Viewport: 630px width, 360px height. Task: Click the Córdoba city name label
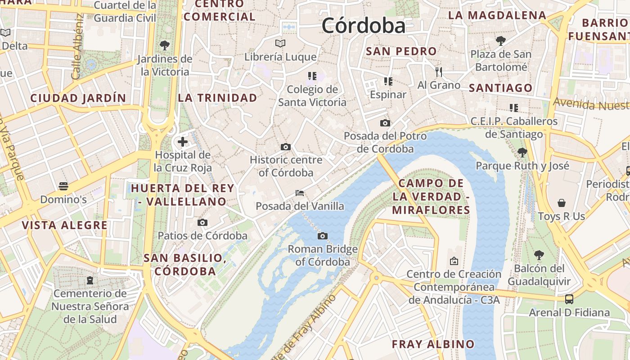(x=364, y=26)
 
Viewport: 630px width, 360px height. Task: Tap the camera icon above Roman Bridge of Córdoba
(x=322, y=236)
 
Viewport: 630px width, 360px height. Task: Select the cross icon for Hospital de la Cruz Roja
(x=183, y=142)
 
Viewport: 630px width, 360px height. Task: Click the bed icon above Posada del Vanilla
(x=300, y=193)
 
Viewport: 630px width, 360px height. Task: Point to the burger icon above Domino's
(x=63, y=186)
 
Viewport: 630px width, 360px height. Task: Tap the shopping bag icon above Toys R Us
(x=561, y=203)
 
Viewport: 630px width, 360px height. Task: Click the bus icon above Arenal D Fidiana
(x=569, y=299)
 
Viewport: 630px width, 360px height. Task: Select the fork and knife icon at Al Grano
(x=439, y=72)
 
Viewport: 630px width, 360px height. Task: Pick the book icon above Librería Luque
(x=280, y=44)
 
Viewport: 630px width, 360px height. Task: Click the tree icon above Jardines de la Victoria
(x=165, y=45)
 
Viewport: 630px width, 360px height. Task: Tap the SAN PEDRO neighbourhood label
(x=401, y=51)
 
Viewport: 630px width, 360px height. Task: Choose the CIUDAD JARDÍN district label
(x=78, y=98)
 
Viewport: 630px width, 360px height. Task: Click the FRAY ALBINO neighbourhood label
(x=433, y=344)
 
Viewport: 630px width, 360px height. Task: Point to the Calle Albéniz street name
(x=77, y=47)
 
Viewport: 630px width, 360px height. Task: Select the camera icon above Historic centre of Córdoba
(x=285, y=147)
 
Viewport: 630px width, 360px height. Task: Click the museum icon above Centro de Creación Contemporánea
(x=454, y=261)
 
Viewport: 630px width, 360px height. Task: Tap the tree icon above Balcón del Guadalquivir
(x=539, y=255)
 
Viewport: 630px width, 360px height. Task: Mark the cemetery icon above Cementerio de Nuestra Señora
(x=90, y=280)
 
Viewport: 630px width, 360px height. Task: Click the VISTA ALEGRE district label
(x=65, y=225)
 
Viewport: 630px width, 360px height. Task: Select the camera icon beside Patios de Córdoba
(x=202, y=222)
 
